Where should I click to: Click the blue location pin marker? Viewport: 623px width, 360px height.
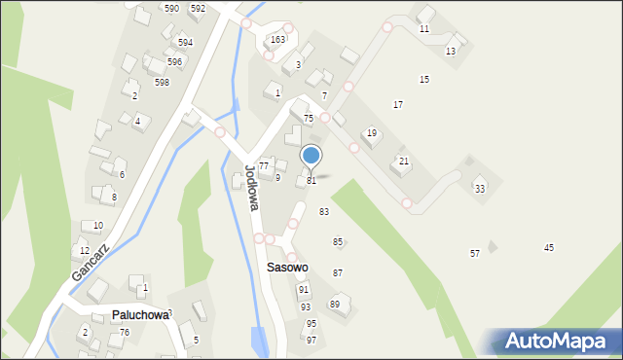(311, 156)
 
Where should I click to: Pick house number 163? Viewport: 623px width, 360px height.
(278, 40)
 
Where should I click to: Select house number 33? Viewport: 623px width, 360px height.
(480, 189)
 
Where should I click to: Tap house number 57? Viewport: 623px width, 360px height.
(475, 254)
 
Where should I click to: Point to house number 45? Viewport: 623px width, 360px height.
(549, 248)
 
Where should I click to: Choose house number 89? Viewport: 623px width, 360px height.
(334, 305)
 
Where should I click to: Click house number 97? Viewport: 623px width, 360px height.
(311, 340)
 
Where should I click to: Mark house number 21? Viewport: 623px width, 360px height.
(404, 161)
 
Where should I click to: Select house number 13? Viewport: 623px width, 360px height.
(451, 51)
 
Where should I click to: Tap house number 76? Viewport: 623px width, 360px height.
(125, 333)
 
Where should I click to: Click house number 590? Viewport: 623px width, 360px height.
(171, 8)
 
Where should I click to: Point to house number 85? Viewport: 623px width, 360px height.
(338, 242)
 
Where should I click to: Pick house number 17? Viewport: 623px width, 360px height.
(398, 104)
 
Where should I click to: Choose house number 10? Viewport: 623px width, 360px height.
(98, 226)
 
